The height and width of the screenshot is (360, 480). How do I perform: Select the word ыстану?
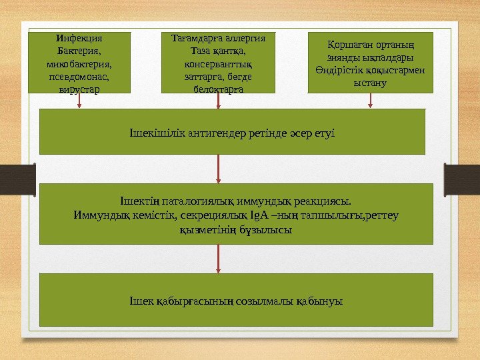click(x=371, y=83)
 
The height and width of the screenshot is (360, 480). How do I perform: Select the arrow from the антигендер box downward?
click(x=218, y=169)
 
